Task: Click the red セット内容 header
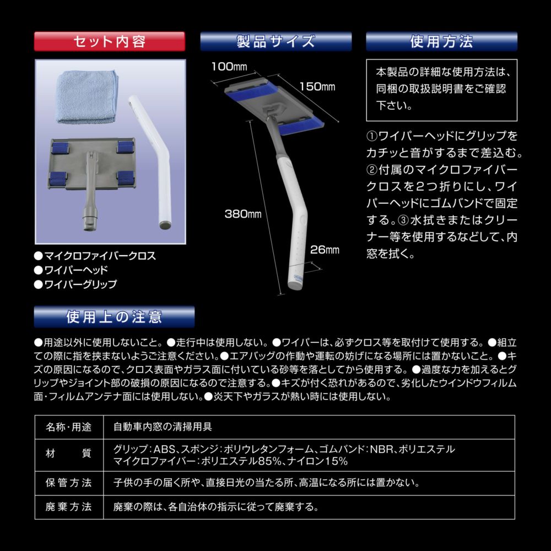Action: coord(110,41)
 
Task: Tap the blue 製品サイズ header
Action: coord(276,41)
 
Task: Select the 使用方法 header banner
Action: coord(442,41)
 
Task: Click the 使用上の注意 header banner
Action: coord(114,317)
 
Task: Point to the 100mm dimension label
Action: coord(229,67)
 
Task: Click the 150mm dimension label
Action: coord(317,87)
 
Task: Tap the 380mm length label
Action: coord(243,214)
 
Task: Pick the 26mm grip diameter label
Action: coord(325,250)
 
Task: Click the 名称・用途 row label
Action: coord(68,427)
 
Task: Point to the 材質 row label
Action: coord(68,453)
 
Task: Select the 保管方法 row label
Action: coord(68,483)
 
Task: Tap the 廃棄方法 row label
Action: coord(68,507)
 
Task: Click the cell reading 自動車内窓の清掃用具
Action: coord(163,427)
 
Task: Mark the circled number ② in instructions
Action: coord(372,170)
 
